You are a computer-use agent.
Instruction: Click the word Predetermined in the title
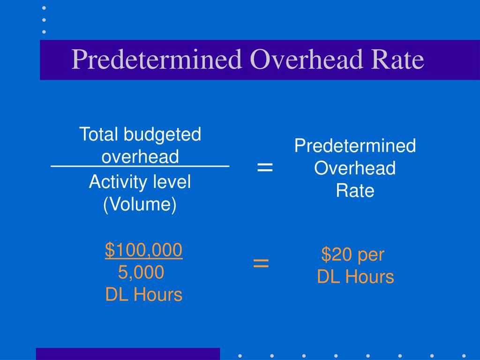point(157,60)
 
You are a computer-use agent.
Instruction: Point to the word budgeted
point(162,135)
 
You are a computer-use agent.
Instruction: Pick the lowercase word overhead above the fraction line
point(140,157)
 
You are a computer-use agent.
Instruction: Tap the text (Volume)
point(140,205)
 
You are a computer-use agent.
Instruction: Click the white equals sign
point(265,167)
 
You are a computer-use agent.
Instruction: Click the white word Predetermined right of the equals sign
point(355,146)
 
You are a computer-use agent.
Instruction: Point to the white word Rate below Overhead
point(355,191)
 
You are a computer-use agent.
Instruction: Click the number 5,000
point(141,272)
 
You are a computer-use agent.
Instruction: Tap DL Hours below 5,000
point(143,295)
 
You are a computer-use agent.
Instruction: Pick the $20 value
point(337,255)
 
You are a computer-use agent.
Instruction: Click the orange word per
point(371,255)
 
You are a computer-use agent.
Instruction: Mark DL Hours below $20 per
point(355,277)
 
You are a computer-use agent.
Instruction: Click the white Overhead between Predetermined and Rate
point(355,168)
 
